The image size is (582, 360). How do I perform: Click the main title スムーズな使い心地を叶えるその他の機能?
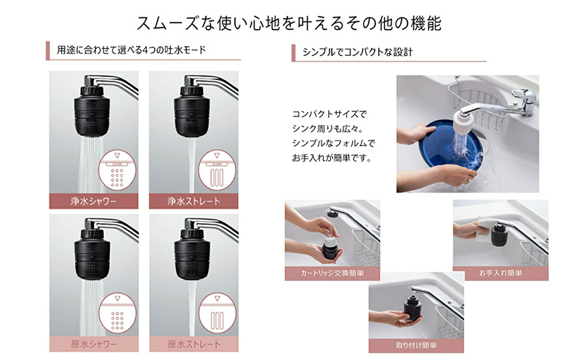(289, 23)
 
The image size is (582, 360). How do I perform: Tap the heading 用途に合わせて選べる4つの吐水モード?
(132, 49)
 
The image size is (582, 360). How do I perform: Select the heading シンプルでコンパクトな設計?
(357, 52)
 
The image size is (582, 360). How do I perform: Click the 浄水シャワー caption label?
(94, 201)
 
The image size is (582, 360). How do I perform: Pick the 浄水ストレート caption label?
(194, 201)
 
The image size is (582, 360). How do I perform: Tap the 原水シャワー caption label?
(94, 344)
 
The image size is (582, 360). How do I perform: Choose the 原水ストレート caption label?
(194, 344)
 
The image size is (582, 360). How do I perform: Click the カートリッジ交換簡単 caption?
(332, 273)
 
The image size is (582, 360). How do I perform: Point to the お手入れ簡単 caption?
(501, 273)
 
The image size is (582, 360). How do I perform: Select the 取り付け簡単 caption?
(416, 345)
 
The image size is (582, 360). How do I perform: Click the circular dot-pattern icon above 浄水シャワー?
(117, 169)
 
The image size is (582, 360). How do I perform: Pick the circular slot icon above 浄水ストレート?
(217, 169)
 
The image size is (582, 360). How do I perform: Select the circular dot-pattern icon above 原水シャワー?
(117, 313)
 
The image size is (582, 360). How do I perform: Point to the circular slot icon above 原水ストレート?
(217, 313)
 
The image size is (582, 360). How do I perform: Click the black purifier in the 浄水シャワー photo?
(92, 110)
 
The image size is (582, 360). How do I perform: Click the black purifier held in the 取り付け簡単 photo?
(412, 309)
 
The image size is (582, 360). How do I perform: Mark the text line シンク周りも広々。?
(328, 129)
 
